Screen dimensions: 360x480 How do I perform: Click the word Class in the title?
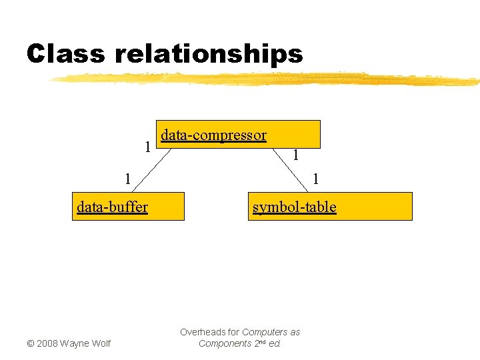click(65, 53)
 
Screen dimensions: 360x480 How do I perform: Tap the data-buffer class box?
click(128, 206)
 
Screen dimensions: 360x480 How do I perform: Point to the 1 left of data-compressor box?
click(147, 145)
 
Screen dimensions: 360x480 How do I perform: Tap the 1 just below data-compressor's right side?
click(295, 156)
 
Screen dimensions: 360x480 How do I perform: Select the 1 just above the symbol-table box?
click(316, 179)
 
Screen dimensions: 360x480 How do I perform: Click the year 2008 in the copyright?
click(47, 343)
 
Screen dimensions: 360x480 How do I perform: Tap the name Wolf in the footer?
click(99, 343)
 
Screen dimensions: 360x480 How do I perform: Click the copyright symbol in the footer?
click(30, 343)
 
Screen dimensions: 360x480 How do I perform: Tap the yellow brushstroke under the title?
click(267, 79)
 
